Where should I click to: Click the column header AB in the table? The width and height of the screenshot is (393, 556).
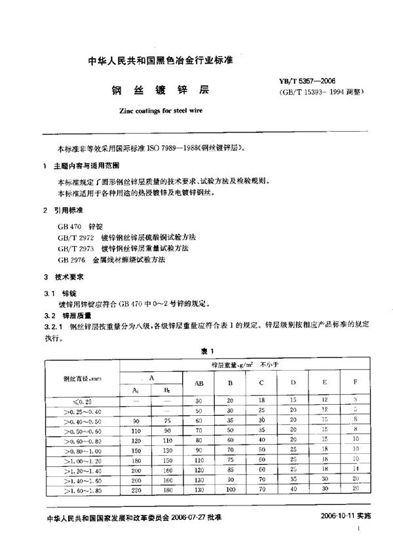point(198,383)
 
